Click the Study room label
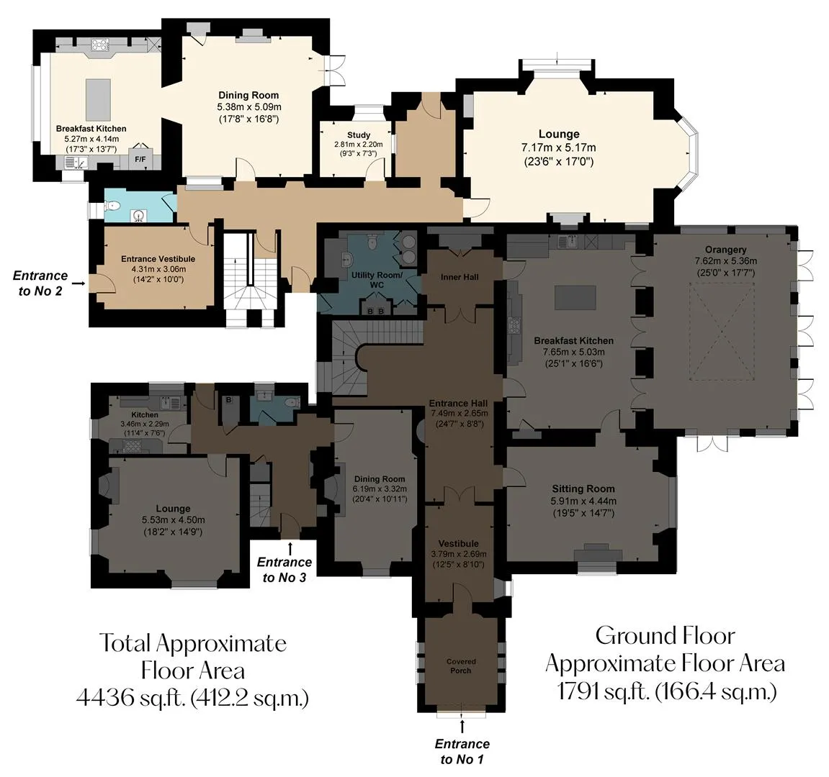click(359, 135)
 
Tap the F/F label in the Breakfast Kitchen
click(140, 158)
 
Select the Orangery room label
click(725, 250)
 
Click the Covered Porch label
click(461, 665)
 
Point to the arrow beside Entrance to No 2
click(79, 283)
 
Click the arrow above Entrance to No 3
click(290, 547)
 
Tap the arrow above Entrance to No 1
click(462, 726)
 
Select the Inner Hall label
click(460, 277)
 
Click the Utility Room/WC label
click(377, 280)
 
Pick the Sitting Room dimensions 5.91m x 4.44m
click(583, 501)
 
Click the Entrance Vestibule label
click(158, 259)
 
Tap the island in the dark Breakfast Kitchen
click(575, 297)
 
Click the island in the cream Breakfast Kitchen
click(99, 100)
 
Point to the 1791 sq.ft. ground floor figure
click(604, 691)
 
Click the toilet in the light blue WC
click(116, 206)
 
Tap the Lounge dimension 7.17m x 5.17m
click(558, 147)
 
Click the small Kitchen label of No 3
click(144, 415)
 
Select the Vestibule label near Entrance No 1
click(458, 543)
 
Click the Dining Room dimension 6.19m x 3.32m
click(380, 489)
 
